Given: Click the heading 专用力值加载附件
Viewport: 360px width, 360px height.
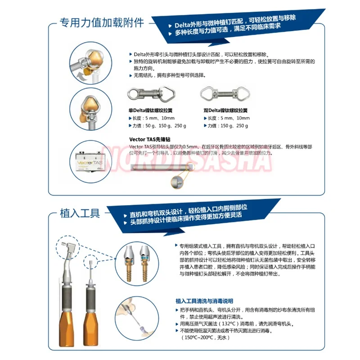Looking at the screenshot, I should (x=102, y=22).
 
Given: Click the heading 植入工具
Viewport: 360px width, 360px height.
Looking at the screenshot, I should (x=80, y=212).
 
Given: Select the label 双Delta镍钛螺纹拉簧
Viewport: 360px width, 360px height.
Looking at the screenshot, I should (x=226, y=110).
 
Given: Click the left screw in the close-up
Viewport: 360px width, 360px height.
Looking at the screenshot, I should (x=127, y=267).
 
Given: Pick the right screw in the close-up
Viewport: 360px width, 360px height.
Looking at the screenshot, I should (x=146, y=267).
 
